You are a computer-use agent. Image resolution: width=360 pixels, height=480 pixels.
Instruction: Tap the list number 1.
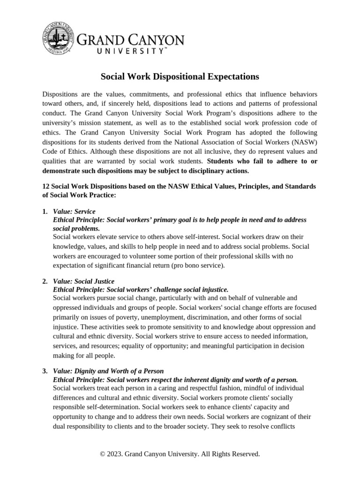click(x=45, y=211)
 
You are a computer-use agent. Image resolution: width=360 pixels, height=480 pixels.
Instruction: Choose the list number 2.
click(x=45, y=281)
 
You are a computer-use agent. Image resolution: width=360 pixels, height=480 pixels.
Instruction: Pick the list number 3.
click(x=45, y=371)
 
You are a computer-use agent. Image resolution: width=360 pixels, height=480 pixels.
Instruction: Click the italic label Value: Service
click(x=75, y=211)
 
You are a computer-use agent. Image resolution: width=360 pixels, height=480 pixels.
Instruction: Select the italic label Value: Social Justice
click(x=84, y=281)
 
